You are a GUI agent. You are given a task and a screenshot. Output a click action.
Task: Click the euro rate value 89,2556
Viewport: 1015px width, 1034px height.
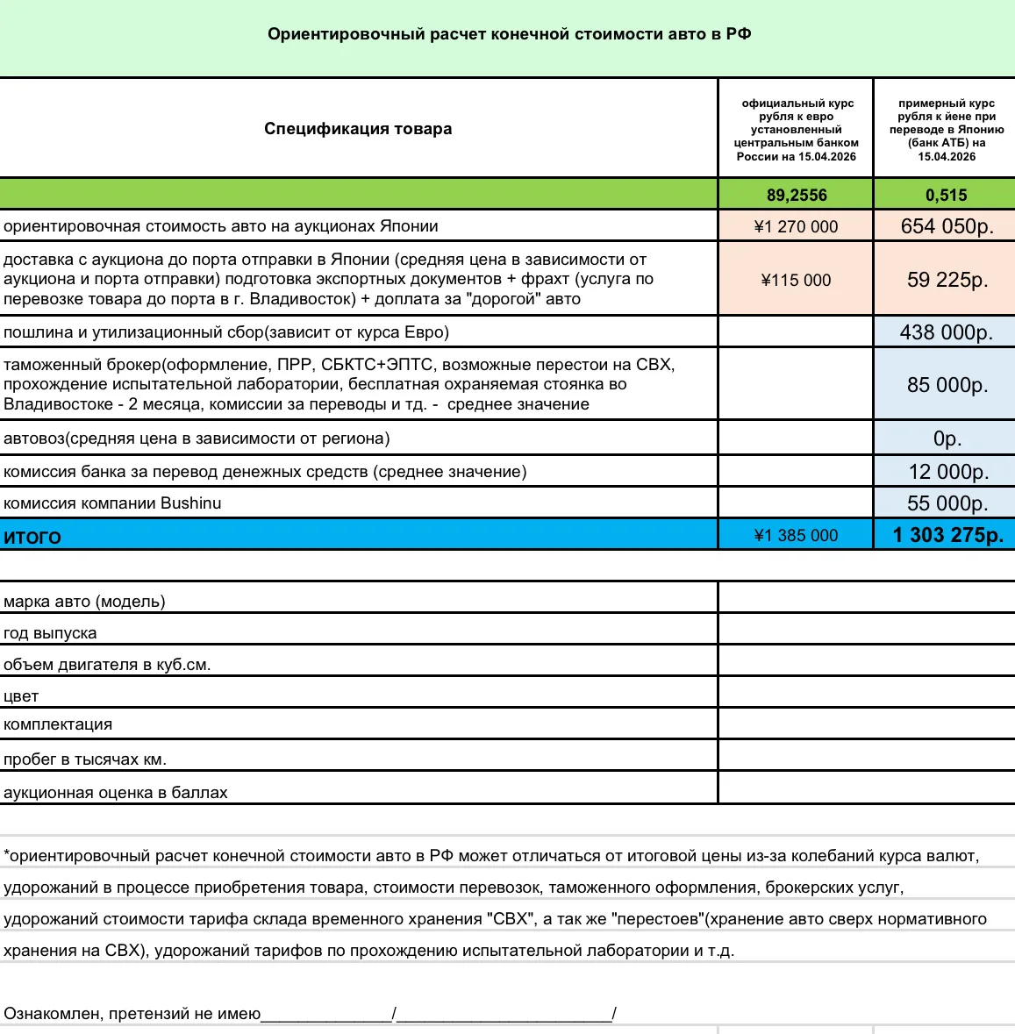point(796,195)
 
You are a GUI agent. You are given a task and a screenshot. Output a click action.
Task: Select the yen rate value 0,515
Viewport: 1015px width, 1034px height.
point(946,195)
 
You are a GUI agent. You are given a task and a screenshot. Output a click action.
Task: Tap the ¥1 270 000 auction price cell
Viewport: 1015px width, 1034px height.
point(796,226)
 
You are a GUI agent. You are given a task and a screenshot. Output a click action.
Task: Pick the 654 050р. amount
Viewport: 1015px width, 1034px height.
point(947,226)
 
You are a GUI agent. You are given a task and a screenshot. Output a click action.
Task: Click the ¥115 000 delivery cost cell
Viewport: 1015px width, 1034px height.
point(796,280)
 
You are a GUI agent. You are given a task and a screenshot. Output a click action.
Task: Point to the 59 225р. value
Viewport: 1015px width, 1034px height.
point(947,280)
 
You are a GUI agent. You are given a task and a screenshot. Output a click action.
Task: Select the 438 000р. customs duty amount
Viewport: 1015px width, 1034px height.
point(946,332)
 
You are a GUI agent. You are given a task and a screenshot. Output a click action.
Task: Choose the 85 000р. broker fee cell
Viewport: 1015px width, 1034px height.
point(947,385)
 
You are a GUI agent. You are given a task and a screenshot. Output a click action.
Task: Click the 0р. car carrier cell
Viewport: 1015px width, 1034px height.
point(947,439)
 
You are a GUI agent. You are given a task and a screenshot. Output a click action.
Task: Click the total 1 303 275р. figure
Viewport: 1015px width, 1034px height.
point(947,535)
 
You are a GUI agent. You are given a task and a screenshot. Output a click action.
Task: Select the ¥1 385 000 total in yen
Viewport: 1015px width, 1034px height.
point(796,535)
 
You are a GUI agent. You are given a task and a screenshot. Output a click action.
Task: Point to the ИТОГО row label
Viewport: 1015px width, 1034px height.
point(32,537)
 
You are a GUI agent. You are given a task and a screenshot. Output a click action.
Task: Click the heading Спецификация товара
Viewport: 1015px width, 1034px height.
point(358,129)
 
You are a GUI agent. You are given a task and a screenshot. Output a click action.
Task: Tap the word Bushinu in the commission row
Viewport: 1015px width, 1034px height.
point(190,503)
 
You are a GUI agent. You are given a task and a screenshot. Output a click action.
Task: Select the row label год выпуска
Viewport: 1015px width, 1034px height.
point(50,633)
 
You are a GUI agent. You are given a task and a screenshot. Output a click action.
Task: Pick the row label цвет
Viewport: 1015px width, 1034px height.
point(21,696)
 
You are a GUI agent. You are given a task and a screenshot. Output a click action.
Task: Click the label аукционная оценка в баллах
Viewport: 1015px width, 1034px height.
point(115,793)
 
